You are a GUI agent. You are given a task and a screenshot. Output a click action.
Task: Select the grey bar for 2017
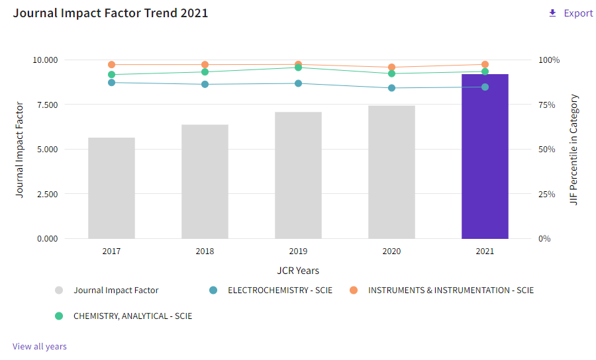[x=111, y=188]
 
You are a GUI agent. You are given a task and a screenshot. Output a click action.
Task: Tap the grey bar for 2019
[x=298, y=175]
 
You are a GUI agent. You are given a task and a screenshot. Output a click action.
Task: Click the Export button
[x=571, y=13]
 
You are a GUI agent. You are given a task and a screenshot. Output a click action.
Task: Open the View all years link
[x=40, y=346]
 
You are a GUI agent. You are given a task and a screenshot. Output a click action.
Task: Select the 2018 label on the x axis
[x=205, y=251]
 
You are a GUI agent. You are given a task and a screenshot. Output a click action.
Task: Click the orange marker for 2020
[x=391, y=67]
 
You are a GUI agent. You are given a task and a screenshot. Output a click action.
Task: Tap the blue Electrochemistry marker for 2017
[x=111, y=82]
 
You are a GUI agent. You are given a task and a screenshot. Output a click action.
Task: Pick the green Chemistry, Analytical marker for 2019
[x=298, y=67]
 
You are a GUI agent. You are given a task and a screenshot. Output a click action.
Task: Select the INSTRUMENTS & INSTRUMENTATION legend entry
[x=450, y=290]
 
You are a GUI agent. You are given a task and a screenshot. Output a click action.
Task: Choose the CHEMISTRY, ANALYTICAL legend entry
[x=132, y=316]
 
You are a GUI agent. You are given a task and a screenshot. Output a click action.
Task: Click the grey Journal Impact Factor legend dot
[x=59, y=290]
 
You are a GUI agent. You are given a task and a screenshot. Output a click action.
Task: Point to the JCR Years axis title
[x=298, y=270]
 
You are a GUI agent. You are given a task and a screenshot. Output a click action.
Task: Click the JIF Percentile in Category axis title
[x=574, y=150]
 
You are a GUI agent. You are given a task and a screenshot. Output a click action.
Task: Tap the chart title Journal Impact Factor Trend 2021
[x=111, y=13]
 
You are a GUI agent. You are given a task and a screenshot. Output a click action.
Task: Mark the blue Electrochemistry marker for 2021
[x=485, y=87]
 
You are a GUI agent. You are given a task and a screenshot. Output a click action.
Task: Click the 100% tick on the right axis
[x=549, y=60]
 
